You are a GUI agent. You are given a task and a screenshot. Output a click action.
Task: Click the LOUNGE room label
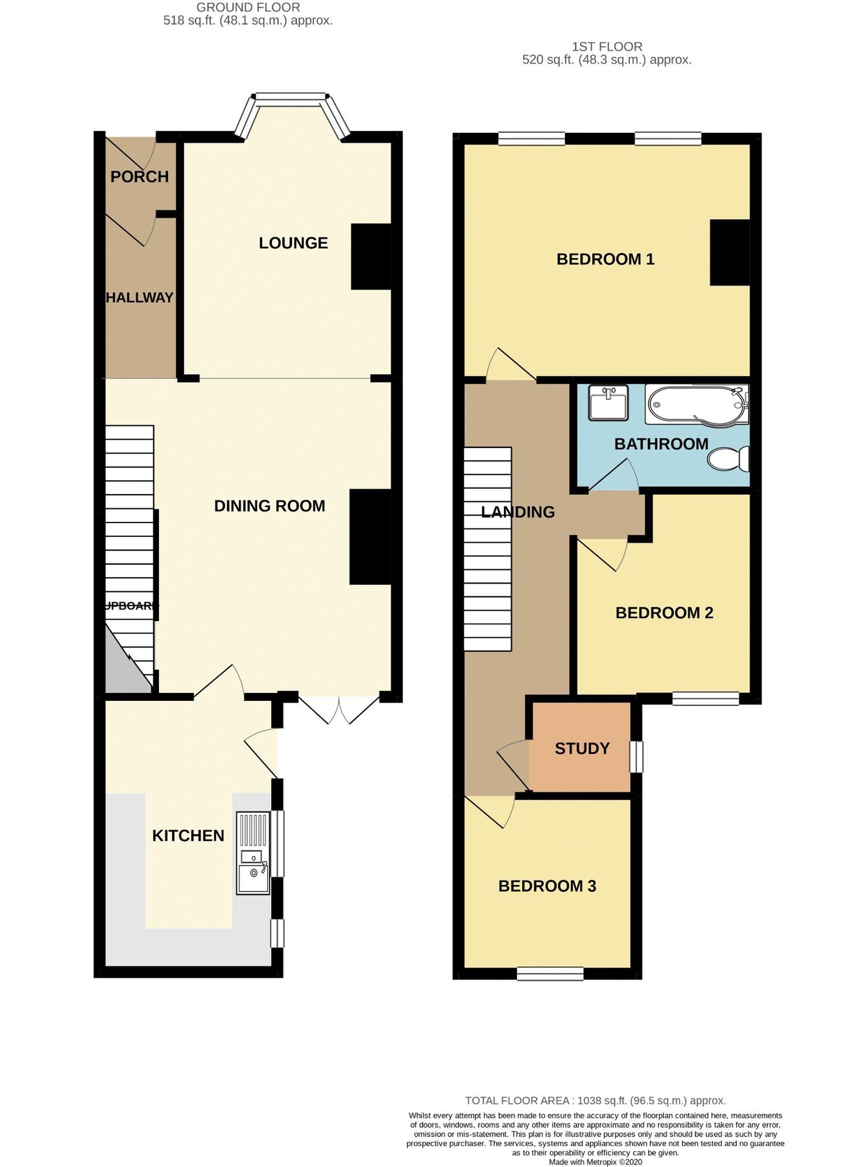point(293,243)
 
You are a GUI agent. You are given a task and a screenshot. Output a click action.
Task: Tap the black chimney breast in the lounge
point(371,257)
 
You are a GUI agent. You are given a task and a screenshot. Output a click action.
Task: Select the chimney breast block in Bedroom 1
point(730,253)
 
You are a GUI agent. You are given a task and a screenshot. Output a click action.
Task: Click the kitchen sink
point(253,853)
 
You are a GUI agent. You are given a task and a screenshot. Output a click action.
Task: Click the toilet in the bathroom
point(729,459)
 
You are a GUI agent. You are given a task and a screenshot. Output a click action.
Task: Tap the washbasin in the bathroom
point(608,402)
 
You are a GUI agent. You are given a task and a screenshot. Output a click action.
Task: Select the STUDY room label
point(582,749)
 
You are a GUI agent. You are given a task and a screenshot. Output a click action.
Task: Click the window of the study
point(636,757)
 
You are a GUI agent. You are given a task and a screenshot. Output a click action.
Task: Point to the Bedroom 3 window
point(550,973)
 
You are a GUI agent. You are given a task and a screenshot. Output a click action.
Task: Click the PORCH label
point(139,176)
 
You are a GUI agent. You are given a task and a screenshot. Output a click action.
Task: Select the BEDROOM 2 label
point(664,613)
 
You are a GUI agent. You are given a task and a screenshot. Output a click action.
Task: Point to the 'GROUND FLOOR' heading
point(248,8)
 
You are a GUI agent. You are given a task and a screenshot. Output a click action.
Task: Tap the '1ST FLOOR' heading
point(607,47)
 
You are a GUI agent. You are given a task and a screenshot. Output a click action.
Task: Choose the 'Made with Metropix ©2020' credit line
point(595,1162)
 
